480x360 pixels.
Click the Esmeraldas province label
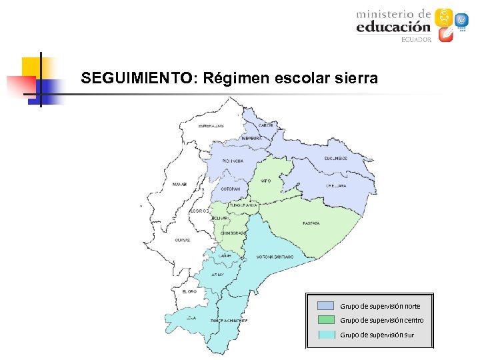(x=211, y=125)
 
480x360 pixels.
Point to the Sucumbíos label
(x=336, y=158)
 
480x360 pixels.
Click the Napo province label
(x=265, y=181)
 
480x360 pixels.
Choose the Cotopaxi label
(x=231, y=189)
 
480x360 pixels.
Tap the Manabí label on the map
(x=179, y=184)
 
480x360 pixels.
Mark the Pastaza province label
(x=311, y=223)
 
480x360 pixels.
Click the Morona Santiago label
(x=275, y=257)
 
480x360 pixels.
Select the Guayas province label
(x=182, y=240)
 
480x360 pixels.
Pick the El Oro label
(x=189, y=291)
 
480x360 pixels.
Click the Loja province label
(x=191, y=318)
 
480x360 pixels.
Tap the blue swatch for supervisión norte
(x=326, y=306)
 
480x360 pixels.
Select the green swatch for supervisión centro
(x=326, y=320)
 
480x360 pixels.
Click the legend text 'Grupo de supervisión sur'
(x=377, y=335)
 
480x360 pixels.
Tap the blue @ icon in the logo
(x=461, y=20)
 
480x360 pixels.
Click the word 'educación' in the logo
(x=393, y=27)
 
